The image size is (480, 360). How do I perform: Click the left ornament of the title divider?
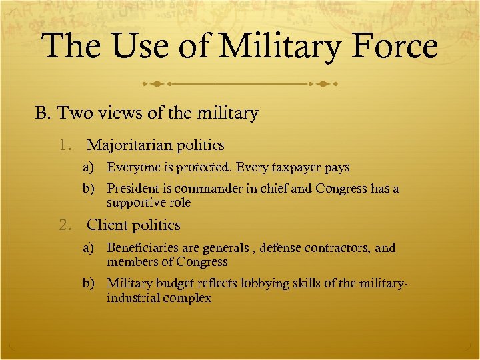click(x=156, y=85)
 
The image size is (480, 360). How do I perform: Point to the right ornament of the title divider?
click(x=324, y=85)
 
